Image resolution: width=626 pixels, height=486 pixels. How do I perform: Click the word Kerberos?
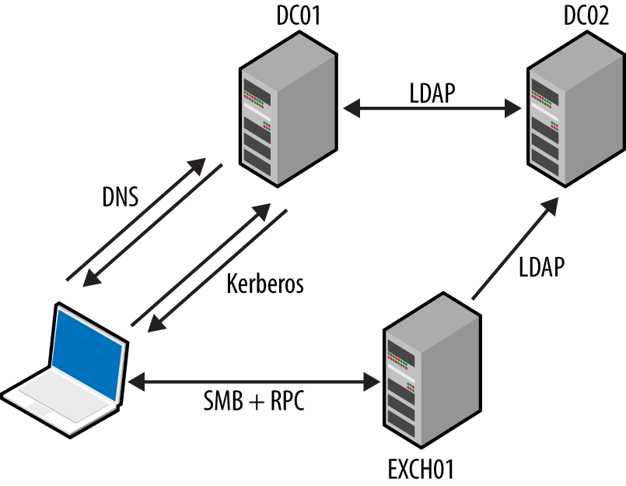coord(264,283)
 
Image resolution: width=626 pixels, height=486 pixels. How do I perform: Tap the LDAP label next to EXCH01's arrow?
coord(540,266)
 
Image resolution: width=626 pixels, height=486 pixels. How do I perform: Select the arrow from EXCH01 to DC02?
coord(513,249)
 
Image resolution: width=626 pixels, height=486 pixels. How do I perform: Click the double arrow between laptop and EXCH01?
coord(254,382)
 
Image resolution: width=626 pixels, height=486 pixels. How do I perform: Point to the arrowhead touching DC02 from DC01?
coord(513,110)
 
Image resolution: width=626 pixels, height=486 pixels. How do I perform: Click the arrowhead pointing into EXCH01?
coord(372,382)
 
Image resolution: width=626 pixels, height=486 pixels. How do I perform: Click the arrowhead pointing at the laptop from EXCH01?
coord(137,382)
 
